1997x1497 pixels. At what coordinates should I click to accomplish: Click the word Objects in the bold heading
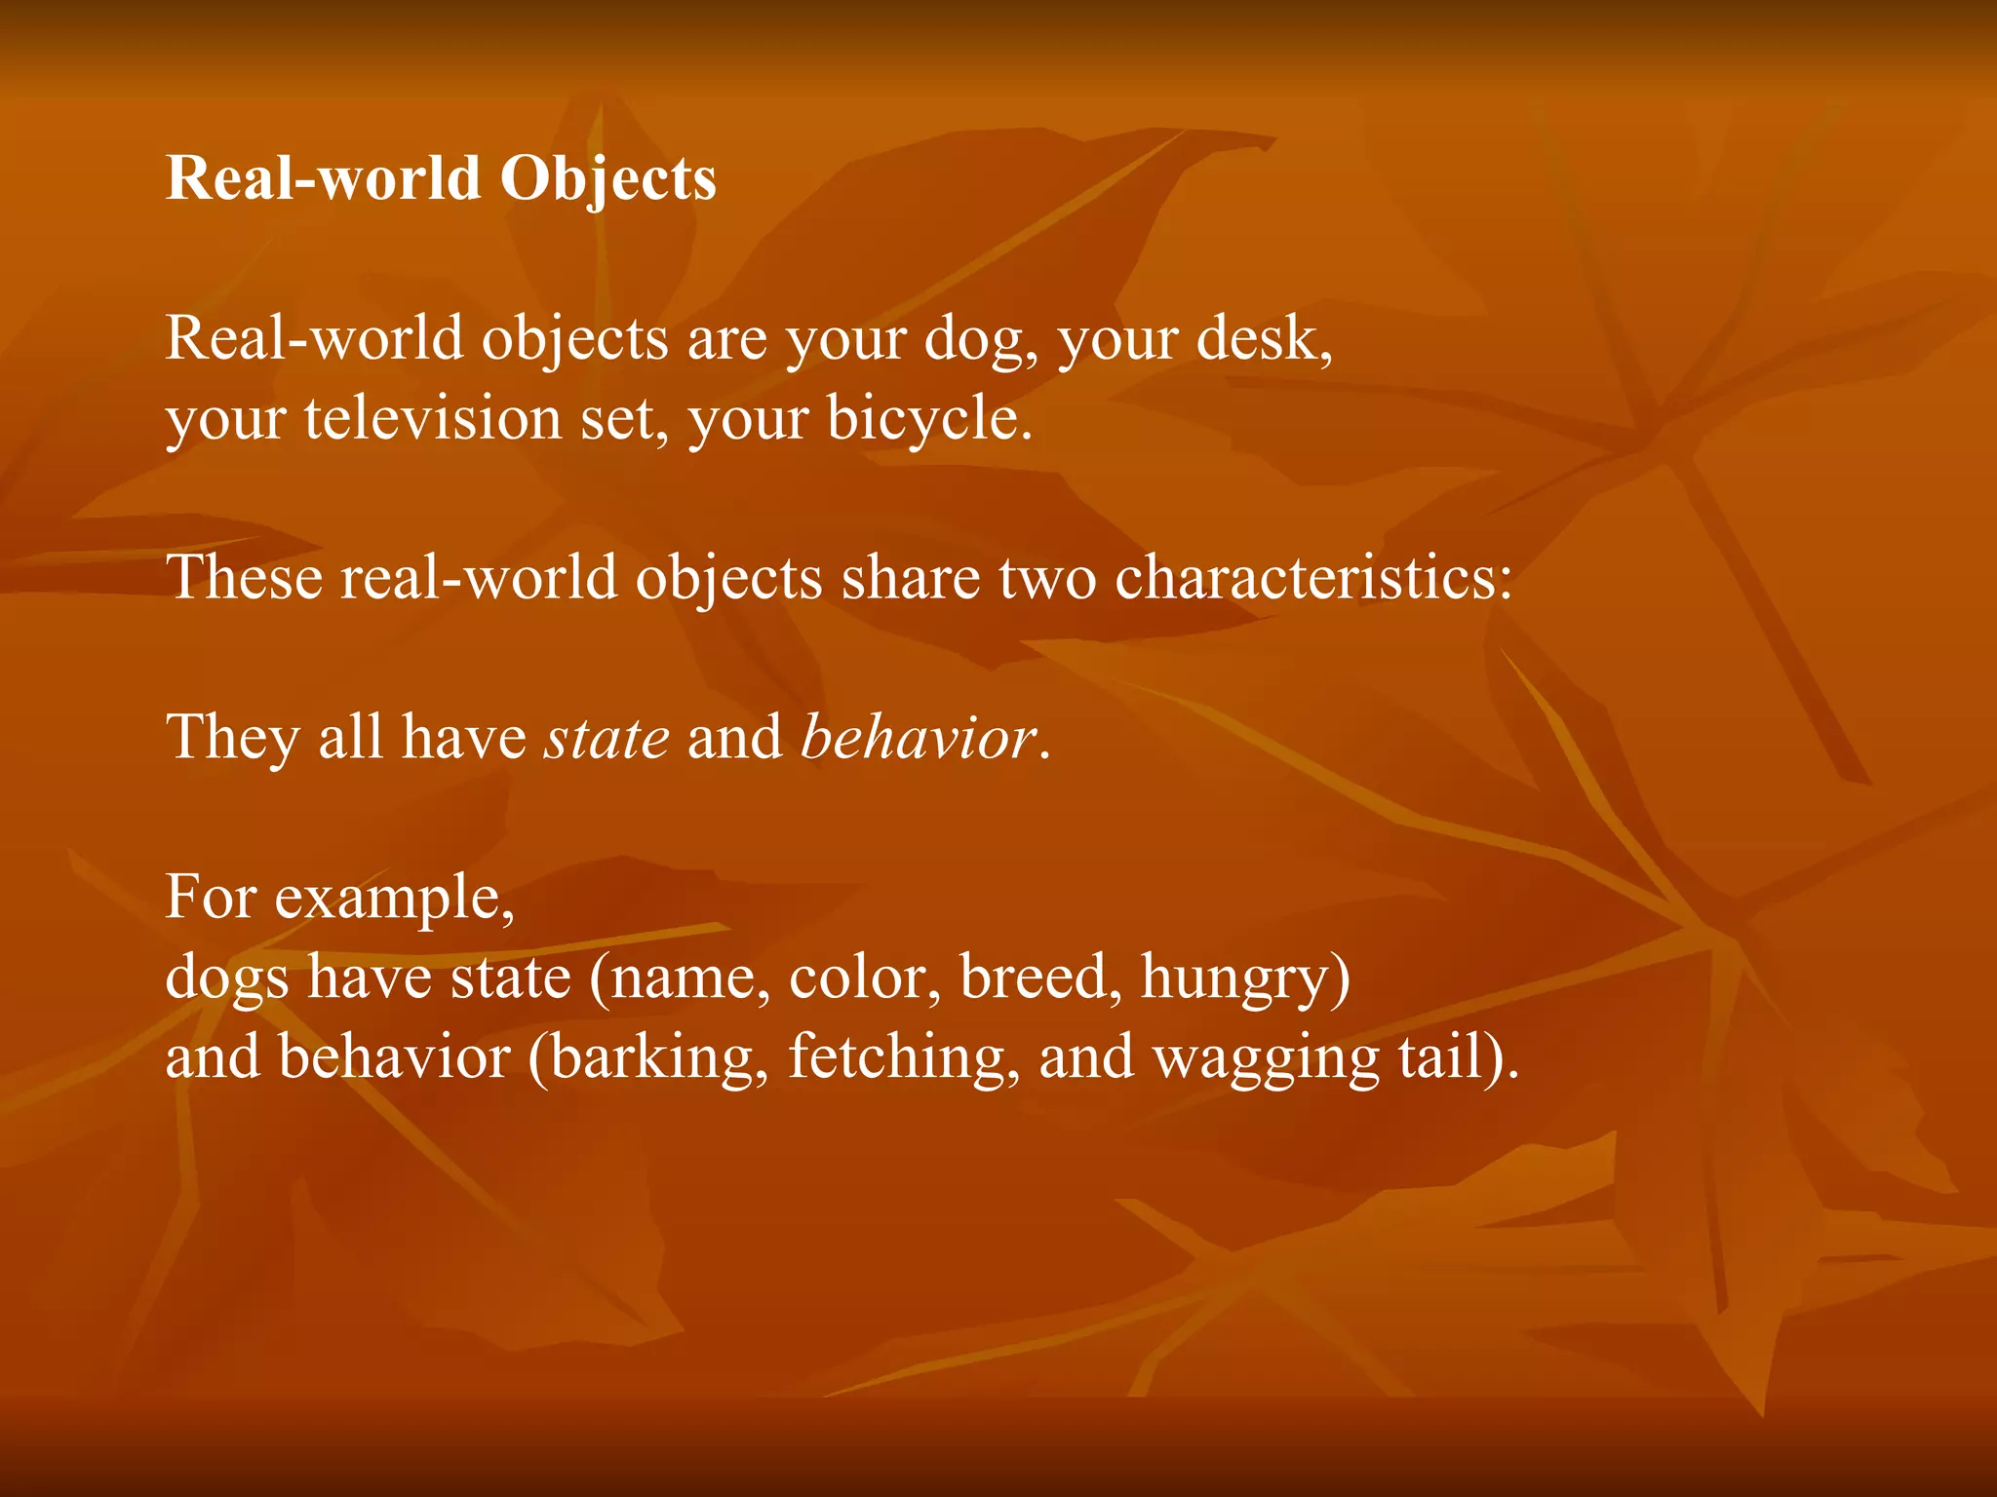coord(608,179)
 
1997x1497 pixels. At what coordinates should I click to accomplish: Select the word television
coord(432,419)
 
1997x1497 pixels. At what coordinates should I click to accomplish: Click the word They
coord(233,737)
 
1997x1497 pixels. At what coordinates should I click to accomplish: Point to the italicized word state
coord(607,737)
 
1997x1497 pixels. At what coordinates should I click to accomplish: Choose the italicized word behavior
coord(918,737)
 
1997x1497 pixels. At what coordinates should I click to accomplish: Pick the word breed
coord(1034,977)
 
